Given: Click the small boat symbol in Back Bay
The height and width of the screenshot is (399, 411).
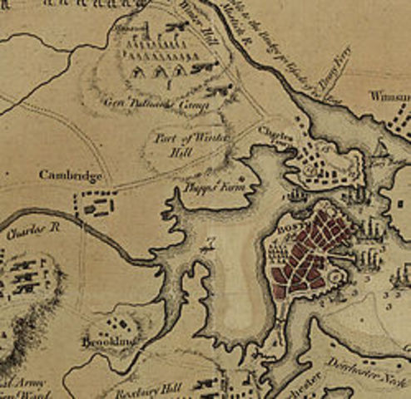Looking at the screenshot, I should [209, 244].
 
